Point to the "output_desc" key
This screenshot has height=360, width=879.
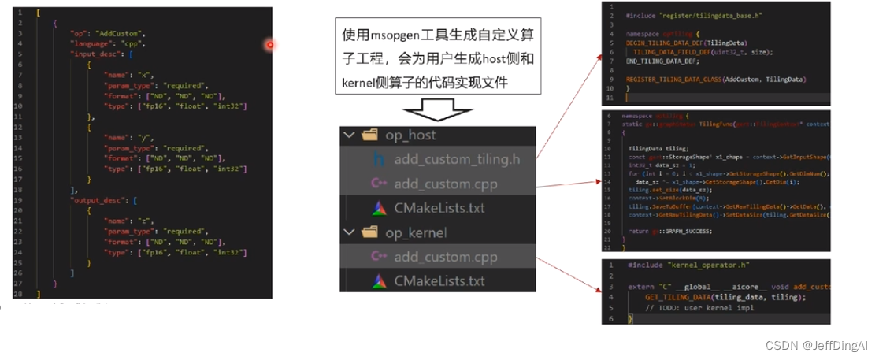coord(96,201)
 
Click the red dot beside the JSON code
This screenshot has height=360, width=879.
coord(270,44)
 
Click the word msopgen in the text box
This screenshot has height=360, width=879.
coord(397,35)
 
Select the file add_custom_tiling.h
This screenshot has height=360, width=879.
coord(457,159)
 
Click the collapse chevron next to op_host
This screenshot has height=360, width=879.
coord(349,135)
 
